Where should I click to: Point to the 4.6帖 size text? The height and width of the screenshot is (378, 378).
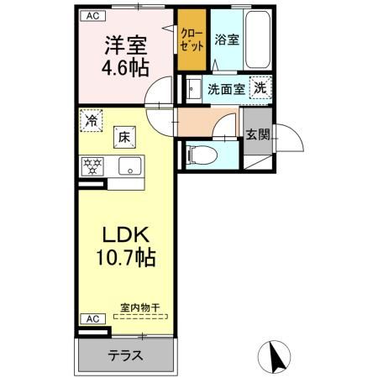click(x=126, y=68)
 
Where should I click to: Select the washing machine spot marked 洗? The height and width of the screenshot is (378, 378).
click(x=261, y=87)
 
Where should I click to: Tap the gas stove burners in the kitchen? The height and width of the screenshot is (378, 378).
click(x=92, y=165)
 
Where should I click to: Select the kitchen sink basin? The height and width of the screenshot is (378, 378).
click(x=130, y=165)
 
